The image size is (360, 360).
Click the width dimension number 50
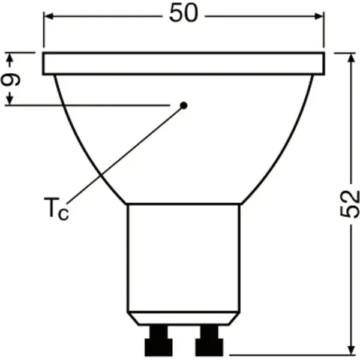(183, 13)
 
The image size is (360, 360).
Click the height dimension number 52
(349, 204)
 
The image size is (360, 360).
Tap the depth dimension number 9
(11, 79)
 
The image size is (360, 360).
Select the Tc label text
(56, 209)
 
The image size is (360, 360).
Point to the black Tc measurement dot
(184, 106)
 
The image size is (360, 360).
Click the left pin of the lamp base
(158, 340)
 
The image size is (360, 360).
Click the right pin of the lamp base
(209, 340)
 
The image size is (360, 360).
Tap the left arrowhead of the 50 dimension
(49, 16)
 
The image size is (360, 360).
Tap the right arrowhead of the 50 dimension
(319, 16)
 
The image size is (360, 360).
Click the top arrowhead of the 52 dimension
(351, 58)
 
